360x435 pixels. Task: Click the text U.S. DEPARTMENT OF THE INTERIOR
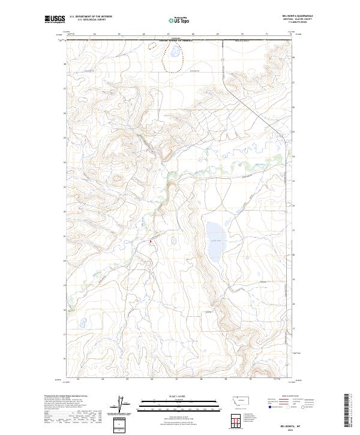(x=91, y=17)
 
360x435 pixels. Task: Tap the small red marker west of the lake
(x=150, y=242)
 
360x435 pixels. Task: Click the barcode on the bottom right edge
(x=347, y=411)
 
